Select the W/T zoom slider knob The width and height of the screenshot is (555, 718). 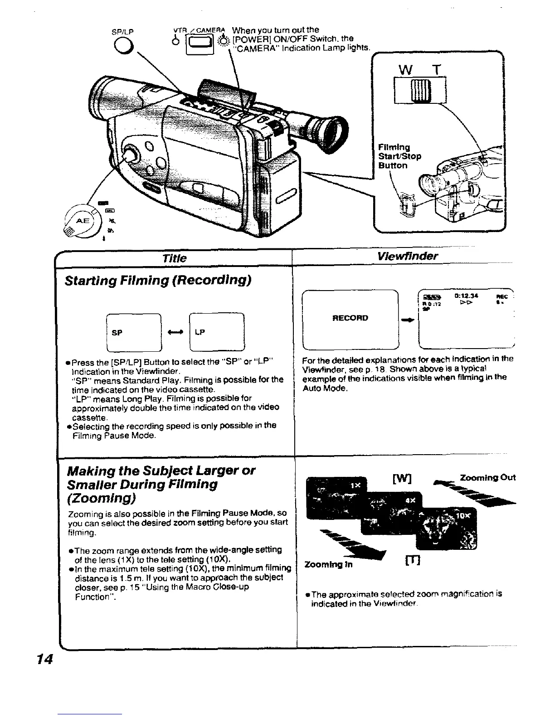(x=417, y=90)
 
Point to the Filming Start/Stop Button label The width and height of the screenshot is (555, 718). (x=399, y=156)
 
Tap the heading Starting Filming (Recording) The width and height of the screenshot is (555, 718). (x=158, y=280)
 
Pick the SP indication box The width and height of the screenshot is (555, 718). (x=133, y=332)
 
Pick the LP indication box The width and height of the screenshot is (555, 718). (x=217, y=332)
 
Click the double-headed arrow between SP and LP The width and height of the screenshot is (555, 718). (x=175, y=332)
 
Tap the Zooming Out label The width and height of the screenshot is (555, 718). (x=487, y=478)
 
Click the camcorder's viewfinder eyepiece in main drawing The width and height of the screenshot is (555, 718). (x=331, y=131)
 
